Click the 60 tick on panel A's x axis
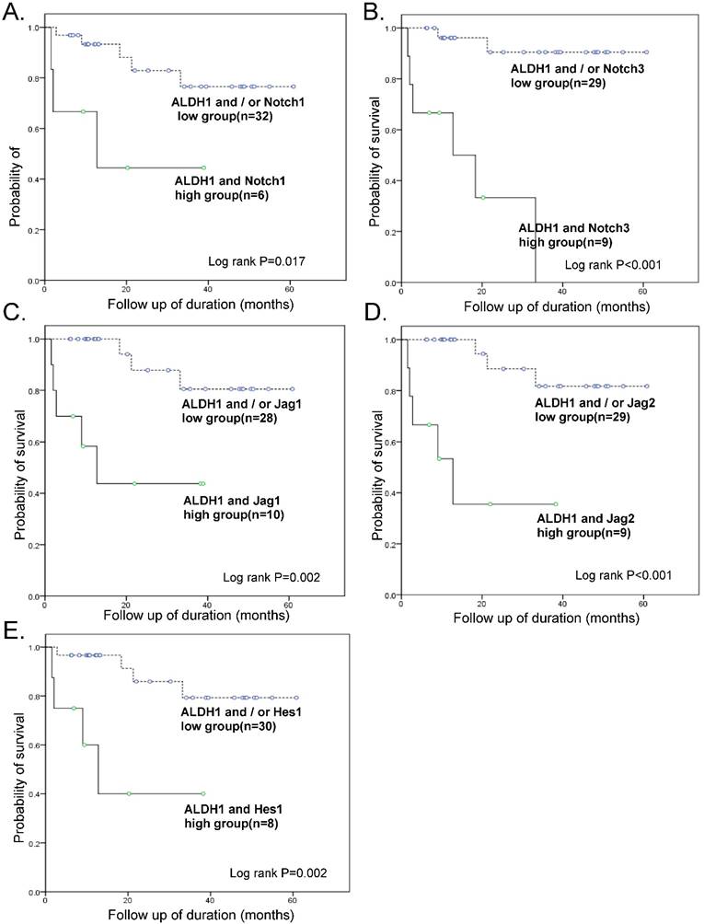point(290,288)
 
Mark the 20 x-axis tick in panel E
point(127,899)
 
